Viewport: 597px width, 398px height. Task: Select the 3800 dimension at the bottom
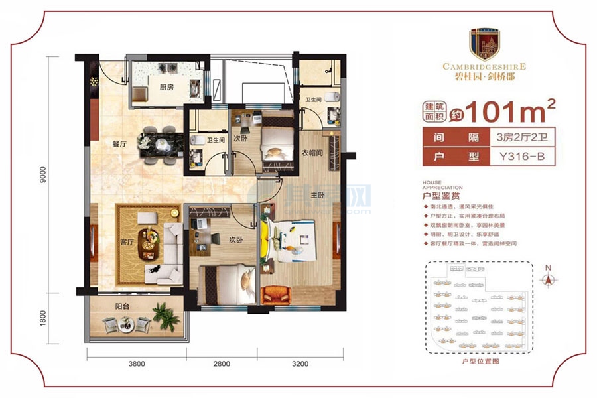(137, 364)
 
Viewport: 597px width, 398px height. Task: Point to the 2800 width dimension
(222, 364)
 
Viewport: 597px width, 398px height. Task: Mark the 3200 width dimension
(300, 364)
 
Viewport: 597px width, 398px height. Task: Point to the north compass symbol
(547, 279)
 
